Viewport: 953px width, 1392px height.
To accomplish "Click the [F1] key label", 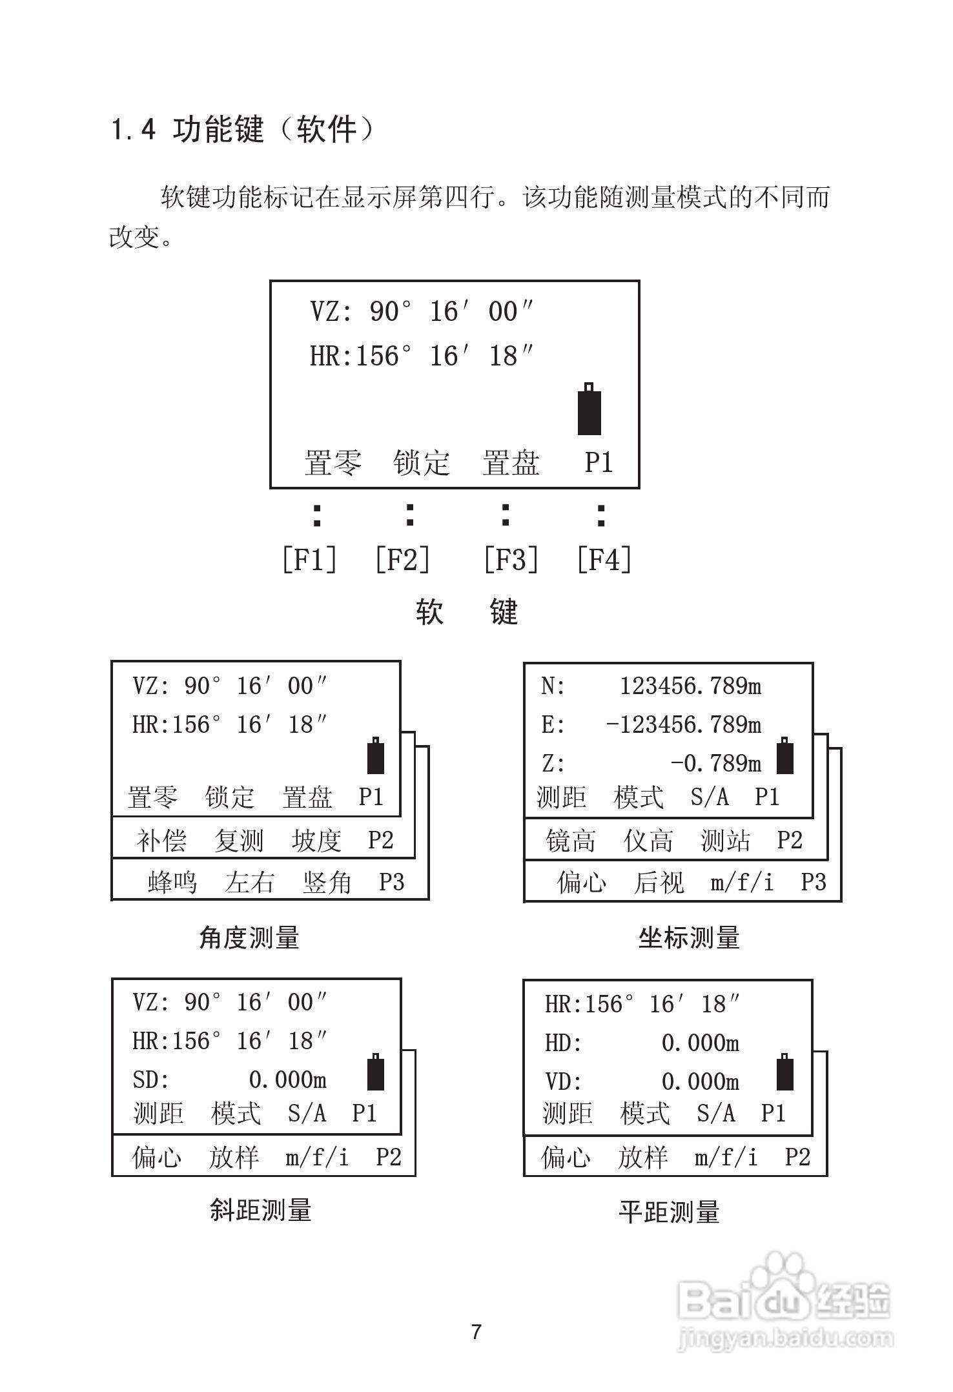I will point(310,559).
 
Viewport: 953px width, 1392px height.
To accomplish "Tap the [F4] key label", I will point(604,559).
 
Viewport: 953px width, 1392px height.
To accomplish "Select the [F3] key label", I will point(511,559).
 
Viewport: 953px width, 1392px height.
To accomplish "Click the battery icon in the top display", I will point(589,409).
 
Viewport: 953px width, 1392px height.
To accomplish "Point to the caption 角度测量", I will point(249,937).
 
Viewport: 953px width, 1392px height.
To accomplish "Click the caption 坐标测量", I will point(689,937).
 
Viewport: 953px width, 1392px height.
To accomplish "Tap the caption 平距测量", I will point(669,1212).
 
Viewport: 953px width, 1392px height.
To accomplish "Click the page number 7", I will point(477,1333).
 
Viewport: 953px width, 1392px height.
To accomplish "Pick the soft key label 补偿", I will point(161,841).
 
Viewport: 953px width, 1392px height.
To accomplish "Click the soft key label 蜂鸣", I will point(172,882).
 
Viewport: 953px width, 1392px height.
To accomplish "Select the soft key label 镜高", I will point(570,841).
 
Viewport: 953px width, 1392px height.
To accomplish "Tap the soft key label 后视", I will point(659,882).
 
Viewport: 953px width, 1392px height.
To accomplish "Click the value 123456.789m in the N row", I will point(690,686).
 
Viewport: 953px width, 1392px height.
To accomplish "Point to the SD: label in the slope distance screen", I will point(151,1080).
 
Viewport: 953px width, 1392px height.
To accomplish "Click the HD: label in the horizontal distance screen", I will point(563,1043).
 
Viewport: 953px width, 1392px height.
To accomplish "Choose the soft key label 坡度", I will point(316,841).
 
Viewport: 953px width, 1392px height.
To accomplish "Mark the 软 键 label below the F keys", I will point(467,611).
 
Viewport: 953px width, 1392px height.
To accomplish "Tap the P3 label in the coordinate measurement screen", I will point(814,882).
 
